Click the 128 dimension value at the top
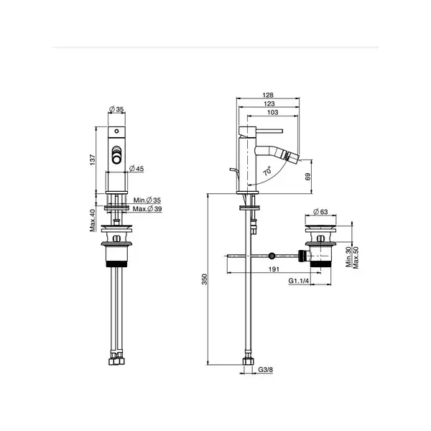[x=268, y=95]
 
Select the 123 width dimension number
[x=269, y=103]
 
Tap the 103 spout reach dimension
[x=272, y=112]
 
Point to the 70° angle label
[x=267, y=171]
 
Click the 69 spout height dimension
[x=308, y=177]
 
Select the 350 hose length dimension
[x=205, y=279]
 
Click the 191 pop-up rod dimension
[x=274, y=269]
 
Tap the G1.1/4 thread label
[x=299, y=281]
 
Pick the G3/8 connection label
[x=266, y=369]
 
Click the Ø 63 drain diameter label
[x=320, y=212]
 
